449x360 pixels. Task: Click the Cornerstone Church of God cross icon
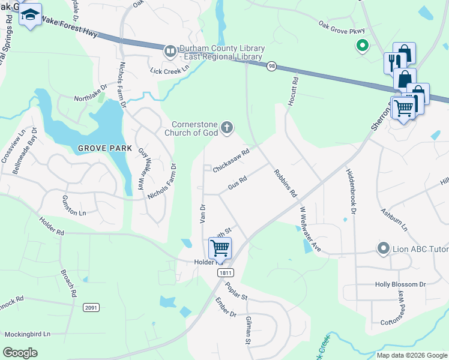point(226,127)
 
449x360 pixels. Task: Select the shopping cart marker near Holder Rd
point(220,247)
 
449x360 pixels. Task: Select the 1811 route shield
point(226,273)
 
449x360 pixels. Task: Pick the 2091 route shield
point(91,307)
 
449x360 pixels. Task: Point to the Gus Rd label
point(238,184)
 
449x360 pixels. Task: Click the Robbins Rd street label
point(286,184)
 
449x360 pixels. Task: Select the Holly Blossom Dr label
point(400,284)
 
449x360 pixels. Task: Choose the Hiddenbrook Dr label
point(351,192)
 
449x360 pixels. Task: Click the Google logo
point(20,353)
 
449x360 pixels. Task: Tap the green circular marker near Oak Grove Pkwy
point(362,45)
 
